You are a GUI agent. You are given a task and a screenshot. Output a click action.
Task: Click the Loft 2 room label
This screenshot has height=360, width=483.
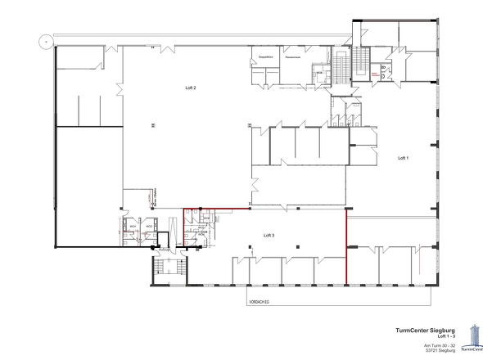pos(190,85)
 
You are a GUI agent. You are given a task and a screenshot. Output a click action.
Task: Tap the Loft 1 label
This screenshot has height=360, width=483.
pos(403,157)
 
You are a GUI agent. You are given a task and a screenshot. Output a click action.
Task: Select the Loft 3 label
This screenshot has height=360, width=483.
pos(269,235)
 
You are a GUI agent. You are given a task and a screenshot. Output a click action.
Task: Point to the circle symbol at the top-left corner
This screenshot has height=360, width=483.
pos(47,39)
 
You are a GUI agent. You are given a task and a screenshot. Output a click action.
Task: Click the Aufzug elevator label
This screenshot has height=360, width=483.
pos(164,249)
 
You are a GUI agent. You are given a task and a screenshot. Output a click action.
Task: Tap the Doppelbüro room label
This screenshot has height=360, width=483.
pos(265,57)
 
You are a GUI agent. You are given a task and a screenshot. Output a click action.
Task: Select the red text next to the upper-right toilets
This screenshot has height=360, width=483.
pos(377,74)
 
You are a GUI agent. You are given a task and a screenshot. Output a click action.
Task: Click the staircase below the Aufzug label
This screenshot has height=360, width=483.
pos(164,267)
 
